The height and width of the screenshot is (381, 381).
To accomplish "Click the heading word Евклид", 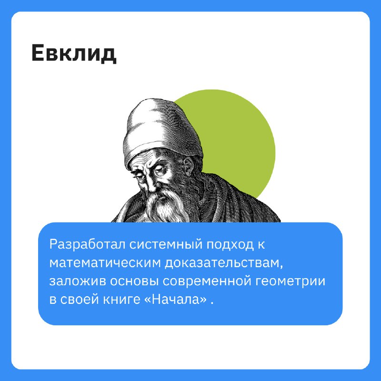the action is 74,54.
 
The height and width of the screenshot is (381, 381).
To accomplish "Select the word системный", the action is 166,245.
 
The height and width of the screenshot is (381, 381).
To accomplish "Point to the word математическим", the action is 105,263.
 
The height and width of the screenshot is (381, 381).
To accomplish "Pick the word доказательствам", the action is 223,263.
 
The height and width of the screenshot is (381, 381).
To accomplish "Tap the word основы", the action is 135,281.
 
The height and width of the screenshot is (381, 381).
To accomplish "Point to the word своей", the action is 80,300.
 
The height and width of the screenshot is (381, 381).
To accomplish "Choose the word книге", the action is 121,300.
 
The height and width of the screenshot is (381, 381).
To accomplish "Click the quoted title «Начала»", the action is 175,300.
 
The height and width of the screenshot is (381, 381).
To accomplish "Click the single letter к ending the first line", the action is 261,245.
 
